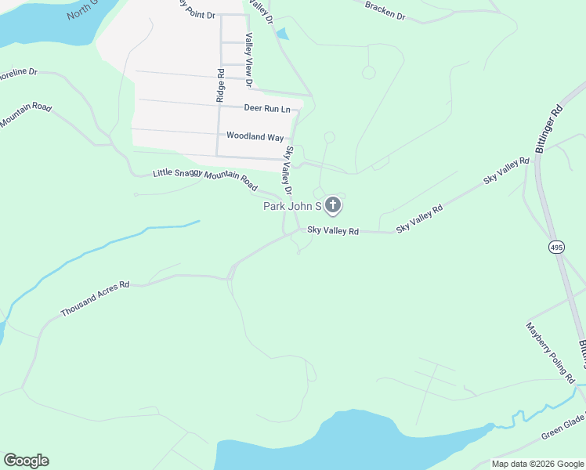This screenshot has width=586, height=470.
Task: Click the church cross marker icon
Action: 333,205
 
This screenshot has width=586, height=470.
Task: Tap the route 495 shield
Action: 555,248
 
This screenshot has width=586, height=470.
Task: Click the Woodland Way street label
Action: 255,136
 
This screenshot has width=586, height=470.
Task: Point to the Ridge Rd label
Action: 221,86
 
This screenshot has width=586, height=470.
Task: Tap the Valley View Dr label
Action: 248,60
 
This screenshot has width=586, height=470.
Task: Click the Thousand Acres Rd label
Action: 95,299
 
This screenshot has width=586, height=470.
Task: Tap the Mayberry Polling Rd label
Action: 550,352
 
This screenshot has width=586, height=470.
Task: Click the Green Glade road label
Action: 562,429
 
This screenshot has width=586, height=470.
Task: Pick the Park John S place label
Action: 291,206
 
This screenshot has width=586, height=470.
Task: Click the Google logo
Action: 26,461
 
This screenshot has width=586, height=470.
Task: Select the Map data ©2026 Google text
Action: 537,464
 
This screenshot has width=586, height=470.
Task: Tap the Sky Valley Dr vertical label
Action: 288,171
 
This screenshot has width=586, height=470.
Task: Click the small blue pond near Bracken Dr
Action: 282,34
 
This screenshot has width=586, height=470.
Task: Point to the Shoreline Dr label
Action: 17,73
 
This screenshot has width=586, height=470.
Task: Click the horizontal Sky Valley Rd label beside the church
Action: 332,231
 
